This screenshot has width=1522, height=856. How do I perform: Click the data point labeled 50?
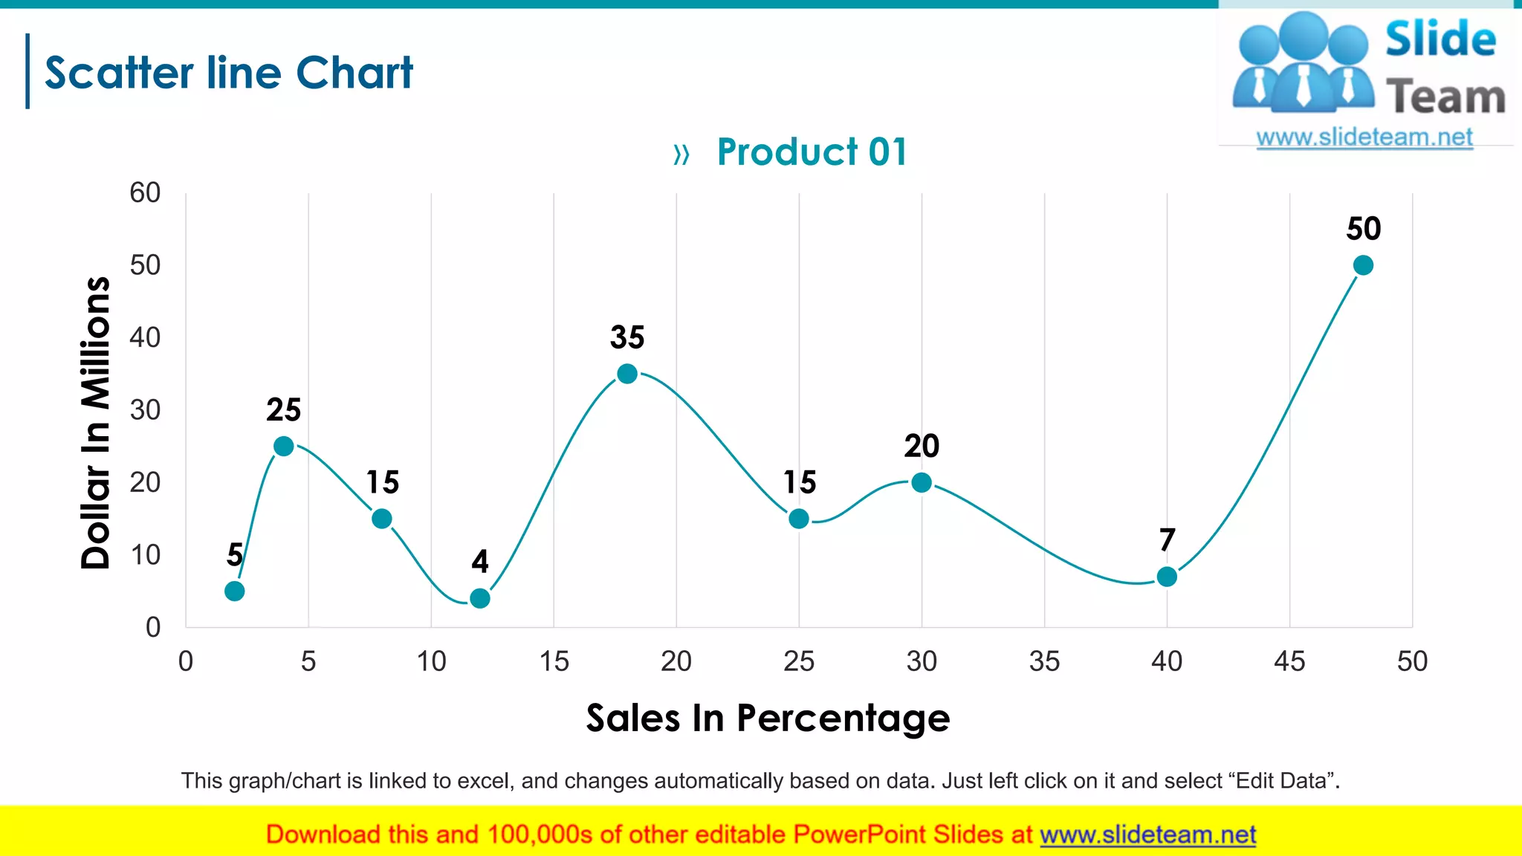[x=1363, y=265]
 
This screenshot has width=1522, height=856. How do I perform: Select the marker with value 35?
[x=627, y=374]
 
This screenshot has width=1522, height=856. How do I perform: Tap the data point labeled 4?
[x=480, y=598]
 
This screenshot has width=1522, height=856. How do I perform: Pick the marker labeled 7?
[x=1167, y=577]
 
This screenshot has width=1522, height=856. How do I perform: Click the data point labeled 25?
[x=283, y=446]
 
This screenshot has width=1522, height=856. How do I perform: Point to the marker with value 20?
[x=922, y=482]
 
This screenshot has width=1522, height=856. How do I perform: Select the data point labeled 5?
[x=234, y=591]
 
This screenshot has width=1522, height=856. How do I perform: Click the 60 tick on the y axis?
[x=145, y=193]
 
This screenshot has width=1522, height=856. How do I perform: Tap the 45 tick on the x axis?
[x=1289, y=661]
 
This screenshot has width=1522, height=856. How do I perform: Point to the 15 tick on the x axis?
[x=554, y=661]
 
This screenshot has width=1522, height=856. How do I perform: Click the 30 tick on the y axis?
[x=145, y=410]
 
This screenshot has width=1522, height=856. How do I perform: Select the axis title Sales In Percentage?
[x=768, y=718]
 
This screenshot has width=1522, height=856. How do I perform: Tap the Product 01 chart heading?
[x=812, y=152]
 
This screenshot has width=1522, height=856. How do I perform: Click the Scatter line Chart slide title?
[x=228, y=73]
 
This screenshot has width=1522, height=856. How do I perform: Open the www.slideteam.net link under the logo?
[x=1364, y=137]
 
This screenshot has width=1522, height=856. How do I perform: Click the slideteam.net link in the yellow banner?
[x=1147, y=835]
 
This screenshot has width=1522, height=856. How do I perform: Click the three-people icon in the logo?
[x=1302, y=63]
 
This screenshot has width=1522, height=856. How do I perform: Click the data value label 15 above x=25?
[x=800, y=483]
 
